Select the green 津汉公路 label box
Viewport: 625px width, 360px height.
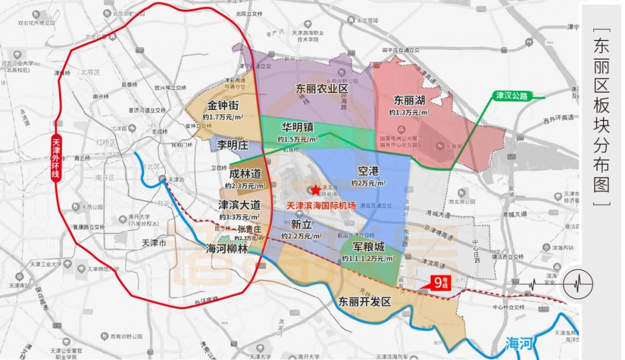512,95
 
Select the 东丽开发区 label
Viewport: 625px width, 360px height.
365,302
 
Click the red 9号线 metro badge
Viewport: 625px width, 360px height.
443,283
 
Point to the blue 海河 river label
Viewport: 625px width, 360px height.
518,343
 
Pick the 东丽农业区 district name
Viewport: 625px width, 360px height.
322,89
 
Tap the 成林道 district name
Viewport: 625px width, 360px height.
245,173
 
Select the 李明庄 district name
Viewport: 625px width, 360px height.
232,144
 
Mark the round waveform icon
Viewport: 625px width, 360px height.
578,284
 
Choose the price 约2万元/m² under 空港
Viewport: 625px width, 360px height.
368,183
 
